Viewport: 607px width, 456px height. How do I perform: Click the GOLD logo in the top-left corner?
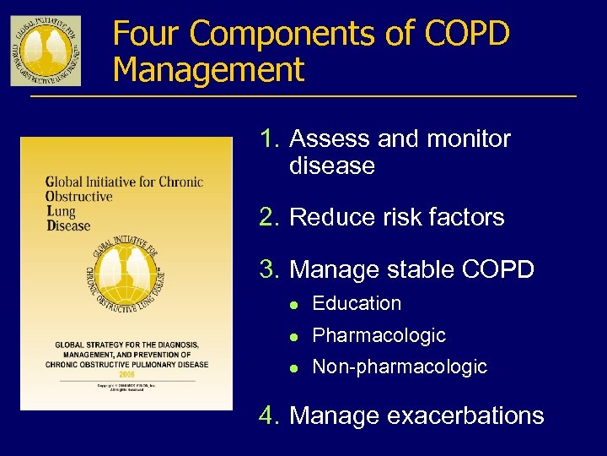46,51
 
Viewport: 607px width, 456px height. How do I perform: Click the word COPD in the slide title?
467,34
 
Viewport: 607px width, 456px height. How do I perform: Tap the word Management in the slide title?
208,69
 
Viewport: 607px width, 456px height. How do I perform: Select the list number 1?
270,138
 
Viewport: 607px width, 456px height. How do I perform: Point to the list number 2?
270,217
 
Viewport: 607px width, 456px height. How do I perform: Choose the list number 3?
270,270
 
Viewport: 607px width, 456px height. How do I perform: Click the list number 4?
270,415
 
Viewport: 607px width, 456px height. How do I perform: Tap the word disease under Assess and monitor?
331,166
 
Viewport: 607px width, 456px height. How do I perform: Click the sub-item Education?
357,303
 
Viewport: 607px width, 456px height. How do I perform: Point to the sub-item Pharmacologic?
379,335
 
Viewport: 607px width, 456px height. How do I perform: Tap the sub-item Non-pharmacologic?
400,366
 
